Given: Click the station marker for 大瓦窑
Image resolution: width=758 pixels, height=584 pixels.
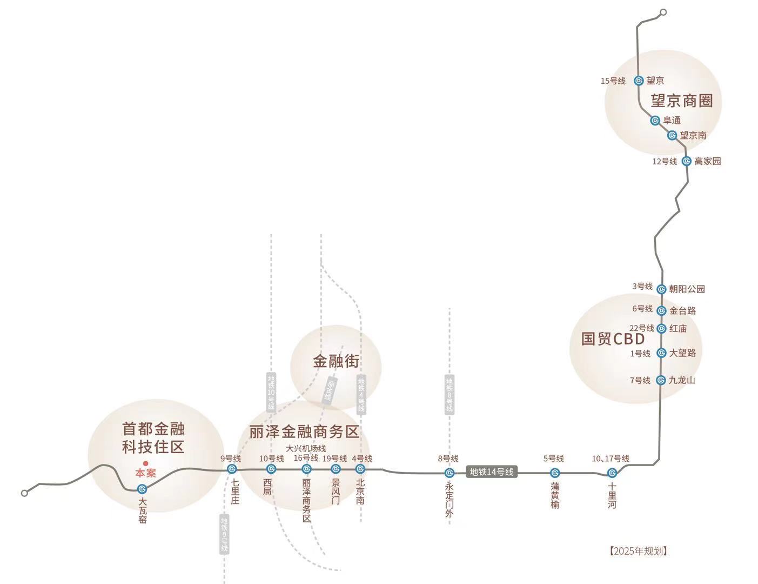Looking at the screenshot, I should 142,489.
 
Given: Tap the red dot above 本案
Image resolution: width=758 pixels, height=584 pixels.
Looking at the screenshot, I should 145,463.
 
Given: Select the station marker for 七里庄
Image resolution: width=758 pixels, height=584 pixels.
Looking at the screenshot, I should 232,469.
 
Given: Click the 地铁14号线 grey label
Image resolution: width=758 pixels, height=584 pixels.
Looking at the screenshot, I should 491,472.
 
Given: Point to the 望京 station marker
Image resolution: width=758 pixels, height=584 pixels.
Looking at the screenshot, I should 639,81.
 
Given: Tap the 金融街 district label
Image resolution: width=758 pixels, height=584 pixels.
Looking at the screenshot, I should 336,361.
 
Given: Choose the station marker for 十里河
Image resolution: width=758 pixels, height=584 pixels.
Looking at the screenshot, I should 612,473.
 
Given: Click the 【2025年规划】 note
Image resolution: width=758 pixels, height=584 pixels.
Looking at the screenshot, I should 638,551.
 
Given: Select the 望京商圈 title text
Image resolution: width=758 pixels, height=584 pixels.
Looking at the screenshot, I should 681,101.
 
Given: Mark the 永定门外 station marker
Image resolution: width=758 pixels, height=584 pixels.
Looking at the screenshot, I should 449,473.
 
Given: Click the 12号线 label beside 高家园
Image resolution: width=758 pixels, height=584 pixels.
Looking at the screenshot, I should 665,161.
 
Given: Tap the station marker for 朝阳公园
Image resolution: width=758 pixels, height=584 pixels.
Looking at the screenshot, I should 661,289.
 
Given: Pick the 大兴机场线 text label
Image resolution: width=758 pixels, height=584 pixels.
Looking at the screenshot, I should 306,448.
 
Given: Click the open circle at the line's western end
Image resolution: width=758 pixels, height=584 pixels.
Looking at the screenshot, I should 24,493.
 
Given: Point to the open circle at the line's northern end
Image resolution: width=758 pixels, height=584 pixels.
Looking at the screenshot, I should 663,12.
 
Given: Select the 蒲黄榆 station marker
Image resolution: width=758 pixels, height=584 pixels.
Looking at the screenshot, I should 555,473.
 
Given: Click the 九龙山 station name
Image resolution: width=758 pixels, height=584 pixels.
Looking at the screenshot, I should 682,380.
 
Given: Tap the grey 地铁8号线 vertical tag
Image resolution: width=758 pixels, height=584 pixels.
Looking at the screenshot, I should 450,394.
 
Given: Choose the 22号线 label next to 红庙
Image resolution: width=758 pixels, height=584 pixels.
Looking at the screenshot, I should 641,328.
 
